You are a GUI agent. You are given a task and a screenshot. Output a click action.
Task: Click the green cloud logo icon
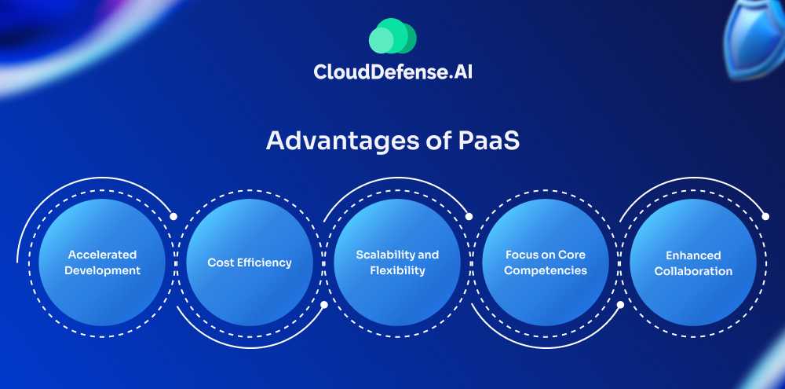pos(392,36)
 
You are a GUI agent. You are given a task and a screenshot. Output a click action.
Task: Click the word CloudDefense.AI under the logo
pos(392,72)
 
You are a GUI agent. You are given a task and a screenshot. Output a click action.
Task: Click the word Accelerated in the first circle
pos(102,255)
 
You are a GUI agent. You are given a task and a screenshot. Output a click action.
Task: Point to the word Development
pos(102,270)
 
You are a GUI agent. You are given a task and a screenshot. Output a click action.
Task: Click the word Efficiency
pos(264,262)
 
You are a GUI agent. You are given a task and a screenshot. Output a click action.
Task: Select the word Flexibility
pos(397,270)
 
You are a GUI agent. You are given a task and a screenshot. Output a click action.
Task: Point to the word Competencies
pos(546,270)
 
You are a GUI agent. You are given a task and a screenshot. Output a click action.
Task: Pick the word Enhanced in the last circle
pos(693,255)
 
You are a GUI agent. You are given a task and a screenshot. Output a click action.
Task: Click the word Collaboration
pos(693,270)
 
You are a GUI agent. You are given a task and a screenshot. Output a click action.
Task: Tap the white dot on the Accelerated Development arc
pos(173,216)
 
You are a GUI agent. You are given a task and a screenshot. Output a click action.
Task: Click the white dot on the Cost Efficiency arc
pos(323,305)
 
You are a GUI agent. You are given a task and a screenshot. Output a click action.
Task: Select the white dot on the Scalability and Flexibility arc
pos(469,216)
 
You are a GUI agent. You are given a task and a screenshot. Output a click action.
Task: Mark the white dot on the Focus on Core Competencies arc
pos(620,305)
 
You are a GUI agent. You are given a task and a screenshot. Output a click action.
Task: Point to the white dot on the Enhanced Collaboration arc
pos(765,216)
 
